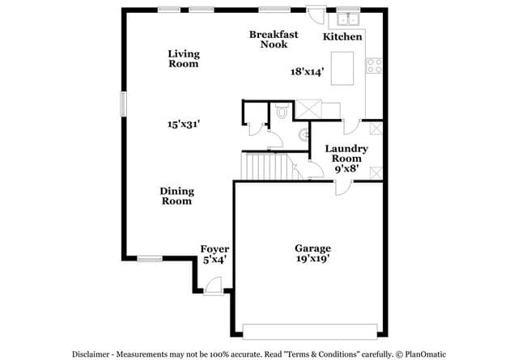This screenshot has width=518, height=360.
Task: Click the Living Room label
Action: click(184, 59)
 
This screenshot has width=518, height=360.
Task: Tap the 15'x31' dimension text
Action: click(184, 125)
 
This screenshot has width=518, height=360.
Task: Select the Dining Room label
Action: click(177, 197)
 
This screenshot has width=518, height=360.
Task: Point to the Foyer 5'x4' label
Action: click(214, 254)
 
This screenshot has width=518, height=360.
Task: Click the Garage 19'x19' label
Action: click(313, 253)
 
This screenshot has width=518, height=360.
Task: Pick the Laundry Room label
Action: click(346, 159)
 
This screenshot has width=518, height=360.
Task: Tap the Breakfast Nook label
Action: click(274, 40)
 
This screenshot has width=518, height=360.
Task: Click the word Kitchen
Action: click(342, 36)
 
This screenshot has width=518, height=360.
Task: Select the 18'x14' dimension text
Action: click(307, 72)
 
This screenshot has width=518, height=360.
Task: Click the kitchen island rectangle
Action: click(342, 69)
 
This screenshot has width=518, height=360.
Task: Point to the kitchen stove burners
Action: click(374, 66)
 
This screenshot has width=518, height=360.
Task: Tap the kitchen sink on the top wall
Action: click(348, 19)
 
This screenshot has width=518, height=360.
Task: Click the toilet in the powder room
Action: click(282, 112)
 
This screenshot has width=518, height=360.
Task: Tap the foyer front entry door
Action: click(213, 286)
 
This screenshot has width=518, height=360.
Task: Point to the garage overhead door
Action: click(310, 331)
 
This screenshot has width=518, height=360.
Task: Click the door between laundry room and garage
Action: click(343, 187)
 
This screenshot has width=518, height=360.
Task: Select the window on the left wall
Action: click(123, 104)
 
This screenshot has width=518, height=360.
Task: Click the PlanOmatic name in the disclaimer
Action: click(425, 354)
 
